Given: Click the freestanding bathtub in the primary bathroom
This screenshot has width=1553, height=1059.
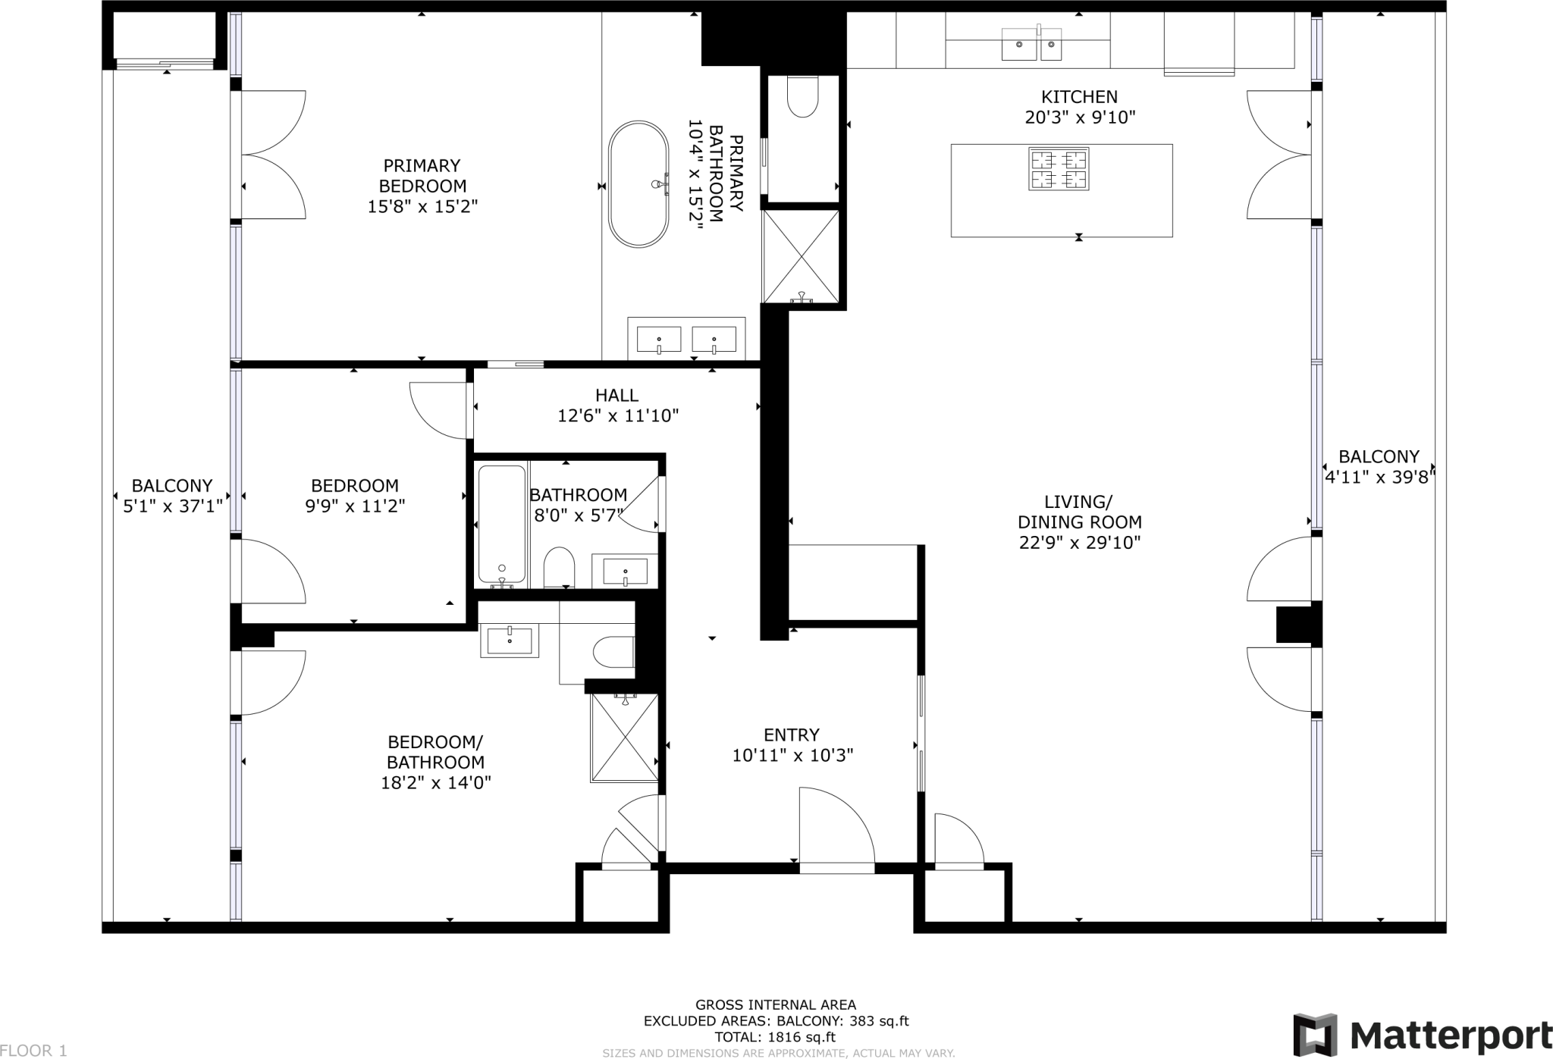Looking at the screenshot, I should pyautogui.click(x=638, y=184).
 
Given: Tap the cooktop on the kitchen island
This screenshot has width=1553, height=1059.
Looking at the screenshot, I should pyautogui.click(x=1059, y=169).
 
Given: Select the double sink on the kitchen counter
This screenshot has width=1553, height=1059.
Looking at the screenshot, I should pyautogui.click(x=1031, y=44).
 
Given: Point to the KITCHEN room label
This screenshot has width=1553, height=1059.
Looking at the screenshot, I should pyautogui.click(x=1079, y=97).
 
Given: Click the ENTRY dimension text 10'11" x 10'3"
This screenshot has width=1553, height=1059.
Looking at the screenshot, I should pyautogui.click(x=792, y=756).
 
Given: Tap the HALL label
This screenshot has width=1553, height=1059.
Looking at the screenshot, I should pyautogui.click(x=616, y=395).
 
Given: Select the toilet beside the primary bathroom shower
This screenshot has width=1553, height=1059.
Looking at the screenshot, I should pyautogui.click(x=803, y=99).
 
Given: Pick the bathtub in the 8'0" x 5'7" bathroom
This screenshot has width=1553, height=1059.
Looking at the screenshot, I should pyautogui.click(x=501, y=524).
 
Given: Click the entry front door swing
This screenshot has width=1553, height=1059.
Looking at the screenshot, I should pyautogui.click(x=834, y=830).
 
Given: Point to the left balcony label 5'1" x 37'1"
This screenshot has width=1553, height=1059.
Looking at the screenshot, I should pyautogui.click(x=172, y=506).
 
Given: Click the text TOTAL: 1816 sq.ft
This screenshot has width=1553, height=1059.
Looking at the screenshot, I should pyautogui.click(x=775, y=1038).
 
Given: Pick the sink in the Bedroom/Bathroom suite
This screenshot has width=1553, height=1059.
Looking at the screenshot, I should pyautogui.click(x=510, y=641).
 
